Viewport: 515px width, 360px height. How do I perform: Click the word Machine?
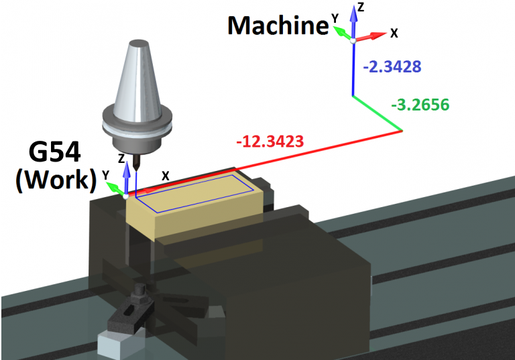coord(278,25)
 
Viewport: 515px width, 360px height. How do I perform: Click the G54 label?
coord(54,152)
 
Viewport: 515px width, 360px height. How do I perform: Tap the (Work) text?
coord(56,180)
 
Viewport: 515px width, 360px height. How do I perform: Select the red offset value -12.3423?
coord(270,141)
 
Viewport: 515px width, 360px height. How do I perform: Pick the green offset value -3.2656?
coord(420,105)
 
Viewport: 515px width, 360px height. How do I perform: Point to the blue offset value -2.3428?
coord(392,66)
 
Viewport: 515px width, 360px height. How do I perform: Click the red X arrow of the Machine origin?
coord(370,36)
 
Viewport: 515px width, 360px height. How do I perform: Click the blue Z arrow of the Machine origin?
coord(353,21)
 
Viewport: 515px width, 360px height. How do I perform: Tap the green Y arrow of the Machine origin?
coord(343,34)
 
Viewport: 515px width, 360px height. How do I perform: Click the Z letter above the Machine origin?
coord(361,7)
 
